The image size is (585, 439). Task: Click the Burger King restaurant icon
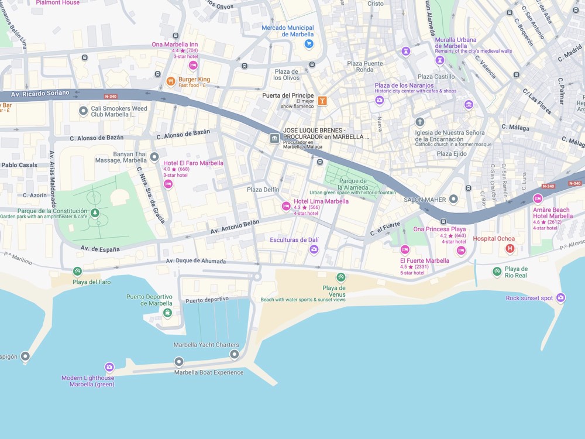tap(171, 81)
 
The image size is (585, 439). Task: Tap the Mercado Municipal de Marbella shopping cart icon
tap(309, 44)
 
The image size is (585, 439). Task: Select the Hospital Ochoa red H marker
tap(510, 249)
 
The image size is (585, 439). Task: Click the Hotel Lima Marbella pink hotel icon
tap(286, 206)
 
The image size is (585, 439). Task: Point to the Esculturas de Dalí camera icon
tap(314, 250)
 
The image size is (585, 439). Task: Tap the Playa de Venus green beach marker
tap(340, 277)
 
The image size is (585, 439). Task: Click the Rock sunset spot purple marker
tap(560, 298)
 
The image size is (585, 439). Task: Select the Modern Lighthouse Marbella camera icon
tap(109, 367)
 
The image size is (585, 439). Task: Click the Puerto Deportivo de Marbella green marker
tap(167, 313)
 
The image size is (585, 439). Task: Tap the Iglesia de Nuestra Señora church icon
tap(419, 122)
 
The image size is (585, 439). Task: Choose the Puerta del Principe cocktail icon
tap(322, 101)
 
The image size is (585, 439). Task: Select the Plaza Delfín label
tap(263, 190)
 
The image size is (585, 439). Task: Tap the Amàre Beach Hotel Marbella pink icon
tap(538, 198)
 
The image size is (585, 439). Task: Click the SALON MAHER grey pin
tap(453, 200)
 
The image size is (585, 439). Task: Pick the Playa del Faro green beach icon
tap(77, 271)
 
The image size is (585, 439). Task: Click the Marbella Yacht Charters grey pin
tap(234, 354)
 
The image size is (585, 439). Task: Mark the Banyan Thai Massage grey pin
tap(154, 157)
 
